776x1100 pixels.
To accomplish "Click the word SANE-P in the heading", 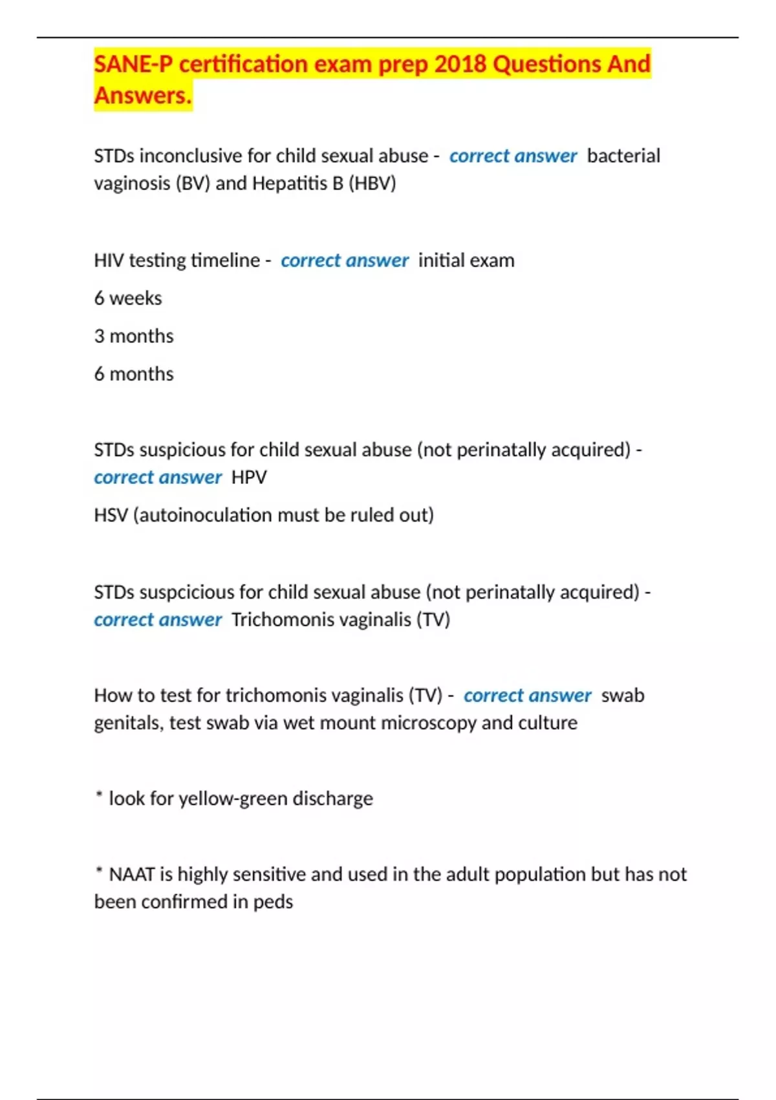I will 134,64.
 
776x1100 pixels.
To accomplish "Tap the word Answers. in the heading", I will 143,96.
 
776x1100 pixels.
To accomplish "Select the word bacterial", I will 623,156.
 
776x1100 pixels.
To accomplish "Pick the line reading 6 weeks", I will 128,298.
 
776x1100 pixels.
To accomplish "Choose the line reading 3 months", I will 134,336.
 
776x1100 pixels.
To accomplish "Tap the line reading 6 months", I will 134,374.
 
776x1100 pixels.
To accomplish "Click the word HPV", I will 249,478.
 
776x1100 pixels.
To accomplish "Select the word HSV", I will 111,515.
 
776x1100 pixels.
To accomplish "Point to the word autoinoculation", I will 213,515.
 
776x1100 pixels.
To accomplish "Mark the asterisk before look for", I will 99,795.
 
